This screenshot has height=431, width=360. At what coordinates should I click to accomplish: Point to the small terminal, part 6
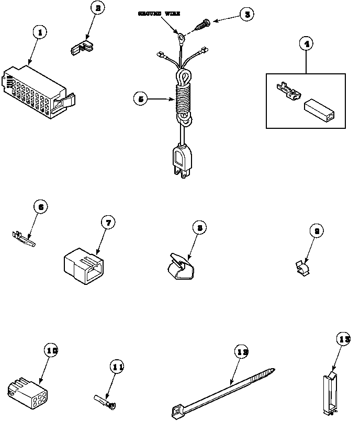pos(23,239)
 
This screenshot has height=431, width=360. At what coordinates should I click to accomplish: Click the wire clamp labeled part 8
pos(178,265)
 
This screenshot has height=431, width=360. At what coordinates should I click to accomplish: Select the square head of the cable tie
pos(177,412)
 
